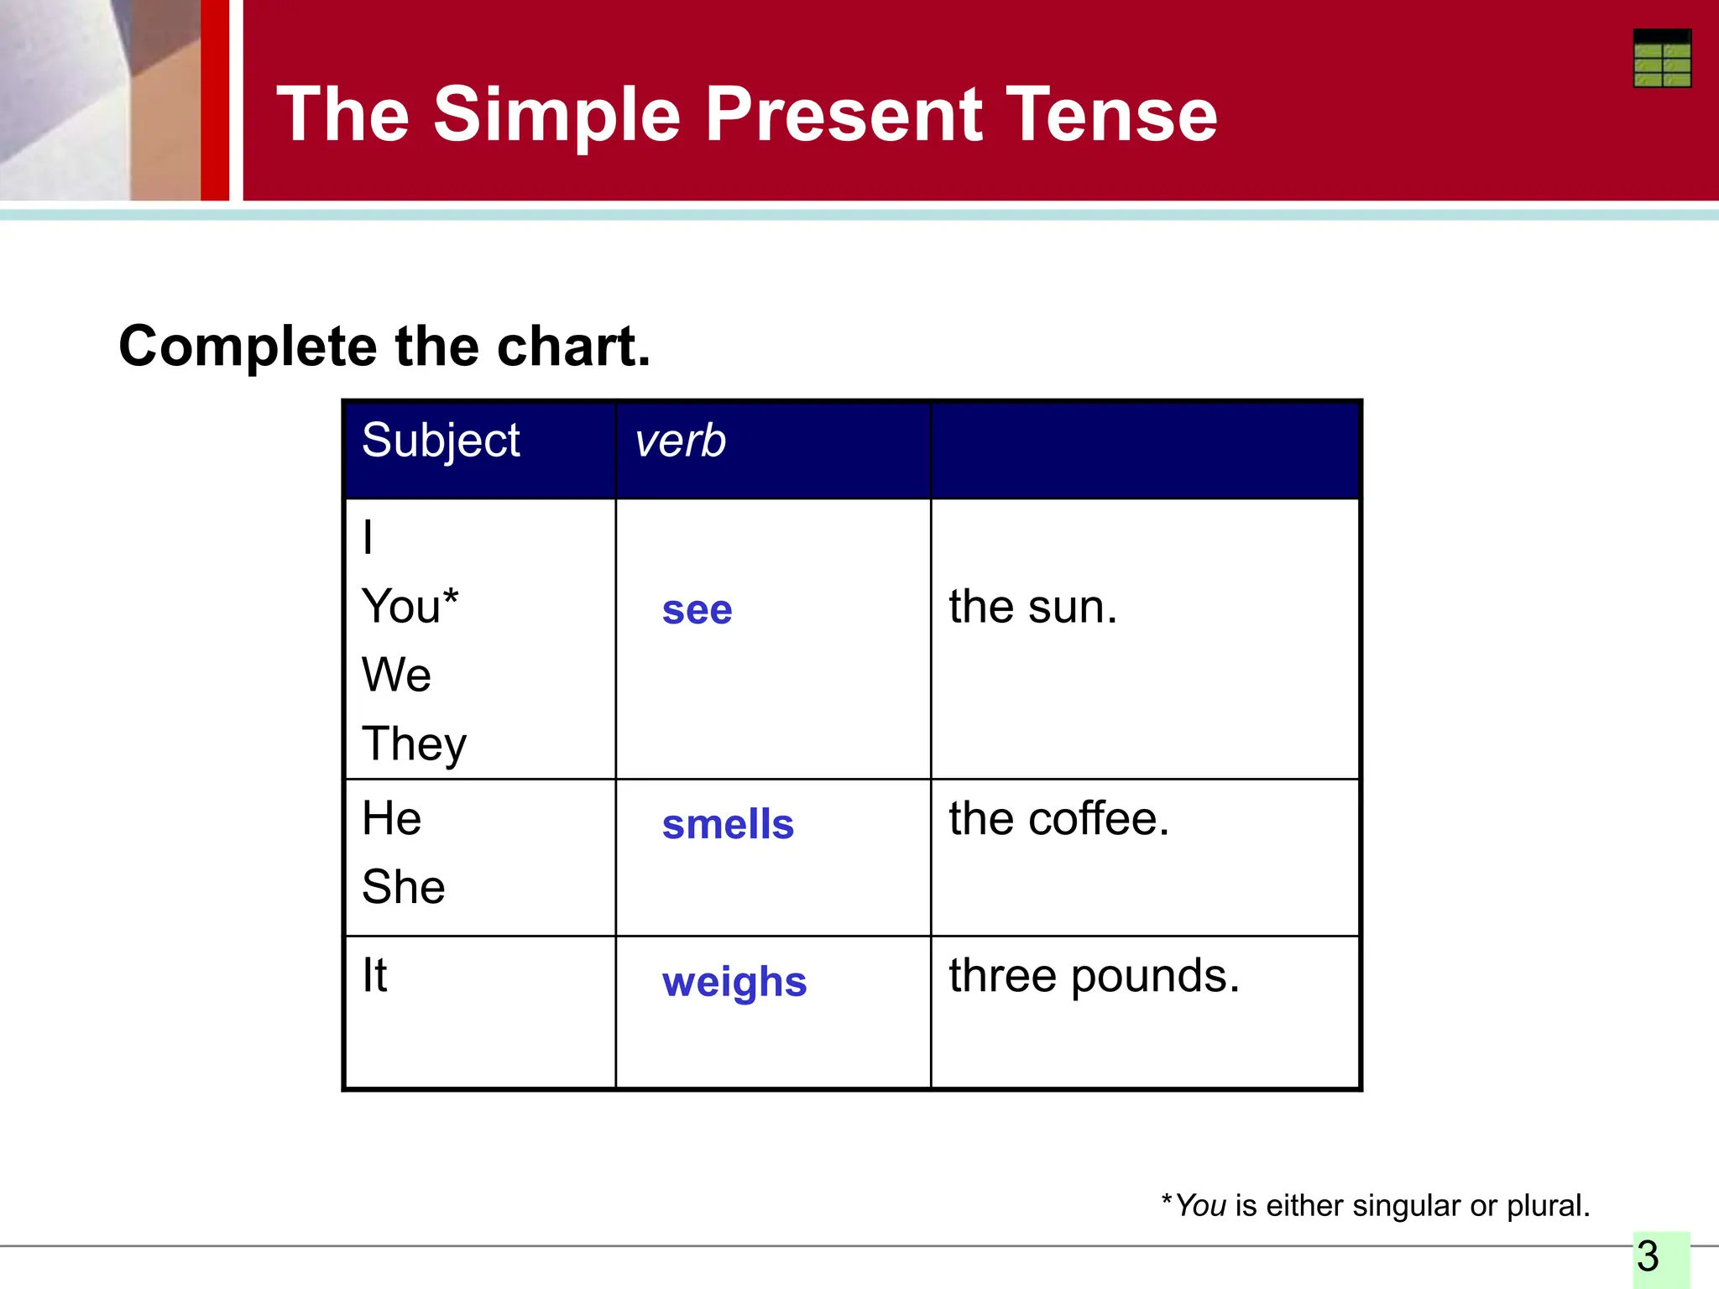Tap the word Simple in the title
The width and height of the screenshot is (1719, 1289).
pyautogui.click(x=556, y=115)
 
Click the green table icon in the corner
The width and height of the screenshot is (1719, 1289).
pyautogui.click(x=1661, y=59)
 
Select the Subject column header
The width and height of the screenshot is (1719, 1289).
pyautogui.click(x=441, y=441)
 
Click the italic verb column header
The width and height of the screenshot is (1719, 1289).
pyautogui.click(x=680, y=441)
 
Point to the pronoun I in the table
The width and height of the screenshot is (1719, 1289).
pyautogui.click(x=368, y=537)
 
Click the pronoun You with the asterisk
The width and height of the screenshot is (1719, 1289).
pyautogui.click(x=410, y=606)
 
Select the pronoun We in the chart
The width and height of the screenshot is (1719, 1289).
pyautogui.click(x=396, y=675)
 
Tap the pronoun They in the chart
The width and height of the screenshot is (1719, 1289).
pyautogui.click(x=414, y=744)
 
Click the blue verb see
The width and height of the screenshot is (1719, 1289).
pyautogui.click(x=697, y=610)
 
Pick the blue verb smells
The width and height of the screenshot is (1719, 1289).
pyautogui.click(x=728, y=824)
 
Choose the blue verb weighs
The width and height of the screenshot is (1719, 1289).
pyautogui.click(x=734, y=982)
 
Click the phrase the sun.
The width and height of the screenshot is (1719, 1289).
pyautogui.click(x=1033, y=607)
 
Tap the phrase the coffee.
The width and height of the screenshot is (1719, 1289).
pyautogui.click(x=1059, y=819)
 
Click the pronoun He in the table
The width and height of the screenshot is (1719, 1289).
pyautogui.click(x=391, y=818)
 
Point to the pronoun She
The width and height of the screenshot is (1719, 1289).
pyautogui.click(x=403, y=887)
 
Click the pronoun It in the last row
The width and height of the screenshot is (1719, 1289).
pyautogui.click(x=374, y=976)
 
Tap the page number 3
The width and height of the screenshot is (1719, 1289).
pyautogui.click(x=1648, y=1257)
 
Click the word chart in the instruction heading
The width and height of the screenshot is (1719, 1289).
pyautogui.click(x=573, y=347)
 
